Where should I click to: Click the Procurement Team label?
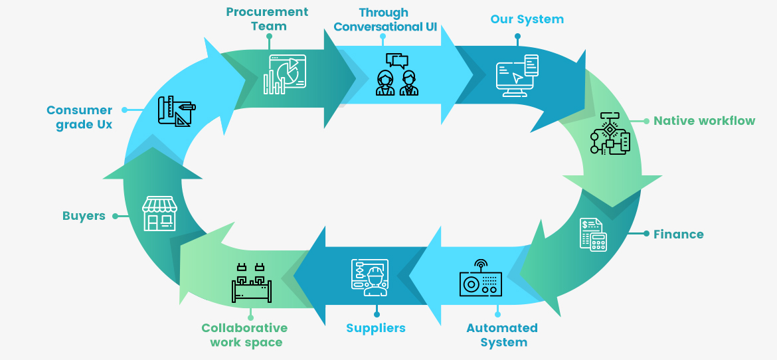pyautogui.click(x=267, y=19)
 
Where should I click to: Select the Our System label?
pyautogui.click(x=527, y=19)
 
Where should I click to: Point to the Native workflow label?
pyautogui.click(x=704, y=121)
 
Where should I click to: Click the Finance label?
pyautogui.click(x=678, y=234)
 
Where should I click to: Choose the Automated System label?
pyautogui.click(x=501, y=335)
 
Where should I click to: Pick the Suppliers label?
pyautogui.click(x=375, y=328)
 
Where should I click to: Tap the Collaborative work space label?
pyautogui.click(x=245, y=335)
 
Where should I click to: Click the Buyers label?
pyautogui.click(x=84, y=216)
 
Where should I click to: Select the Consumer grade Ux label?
pyautogui.click(x=80, y=117)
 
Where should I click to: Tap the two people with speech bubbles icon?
pyautogui.click(x=397, y=74)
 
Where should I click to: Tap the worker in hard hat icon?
pyautogui.click(x=370, y=278)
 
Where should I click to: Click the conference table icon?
pyautogui.click(x=251, y=284)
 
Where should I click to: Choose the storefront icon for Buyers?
pyautogui.click(x=159, y=213)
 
